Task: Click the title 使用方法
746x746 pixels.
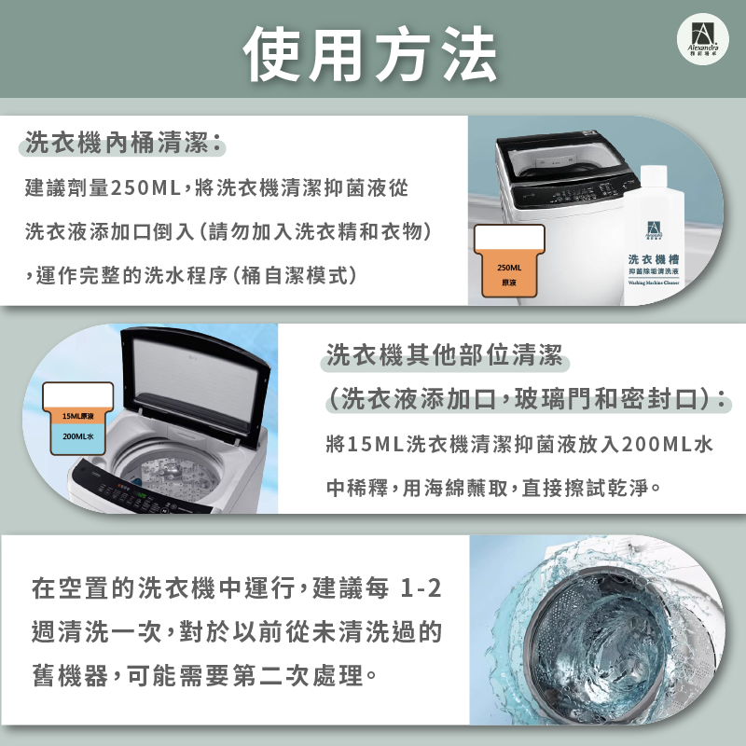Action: coord(370,54)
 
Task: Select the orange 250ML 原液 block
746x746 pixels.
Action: coord(510,275)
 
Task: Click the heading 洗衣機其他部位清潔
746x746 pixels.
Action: coord(443,355)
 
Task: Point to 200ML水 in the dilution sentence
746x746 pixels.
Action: coord(668,444)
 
